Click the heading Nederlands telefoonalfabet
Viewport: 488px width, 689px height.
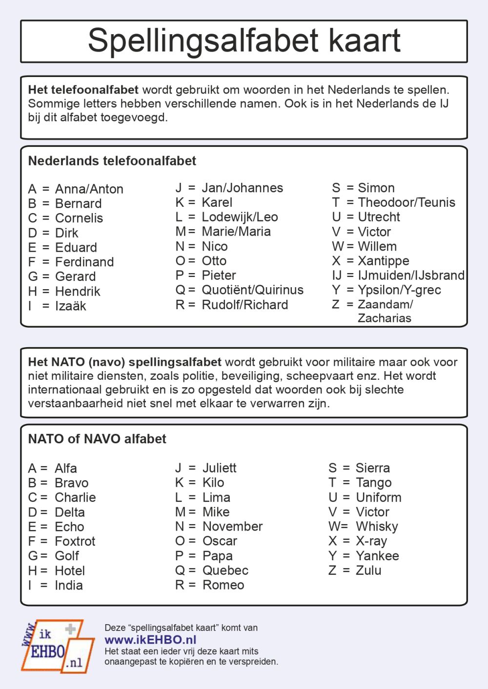point(112,161)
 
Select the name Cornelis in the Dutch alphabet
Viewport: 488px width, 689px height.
point(79,218)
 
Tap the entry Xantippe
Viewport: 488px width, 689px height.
point(384,261)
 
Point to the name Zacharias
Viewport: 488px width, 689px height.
point(385,318)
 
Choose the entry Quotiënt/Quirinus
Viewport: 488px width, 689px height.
point(252,290)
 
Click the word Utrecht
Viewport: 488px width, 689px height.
point(379,217)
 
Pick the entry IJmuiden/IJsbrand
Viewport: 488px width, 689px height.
point(411,276)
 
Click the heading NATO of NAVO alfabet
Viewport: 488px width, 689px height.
point(97,439)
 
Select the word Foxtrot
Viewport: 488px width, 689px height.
point(75,541)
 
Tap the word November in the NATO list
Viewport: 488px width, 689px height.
point(232,527)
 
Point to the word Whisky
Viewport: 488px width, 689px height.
point(377,527)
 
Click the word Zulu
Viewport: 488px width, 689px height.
point(368,570)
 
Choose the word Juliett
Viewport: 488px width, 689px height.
point(219,468)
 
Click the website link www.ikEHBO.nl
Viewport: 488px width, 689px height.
point(150,640)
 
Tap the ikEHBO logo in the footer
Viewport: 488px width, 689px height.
point(57,647)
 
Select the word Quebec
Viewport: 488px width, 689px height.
point(225,571)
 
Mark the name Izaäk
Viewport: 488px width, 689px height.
point(71,306)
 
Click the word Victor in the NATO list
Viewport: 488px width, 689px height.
point(372,512)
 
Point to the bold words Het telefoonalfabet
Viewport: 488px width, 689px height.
point(83,90)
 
